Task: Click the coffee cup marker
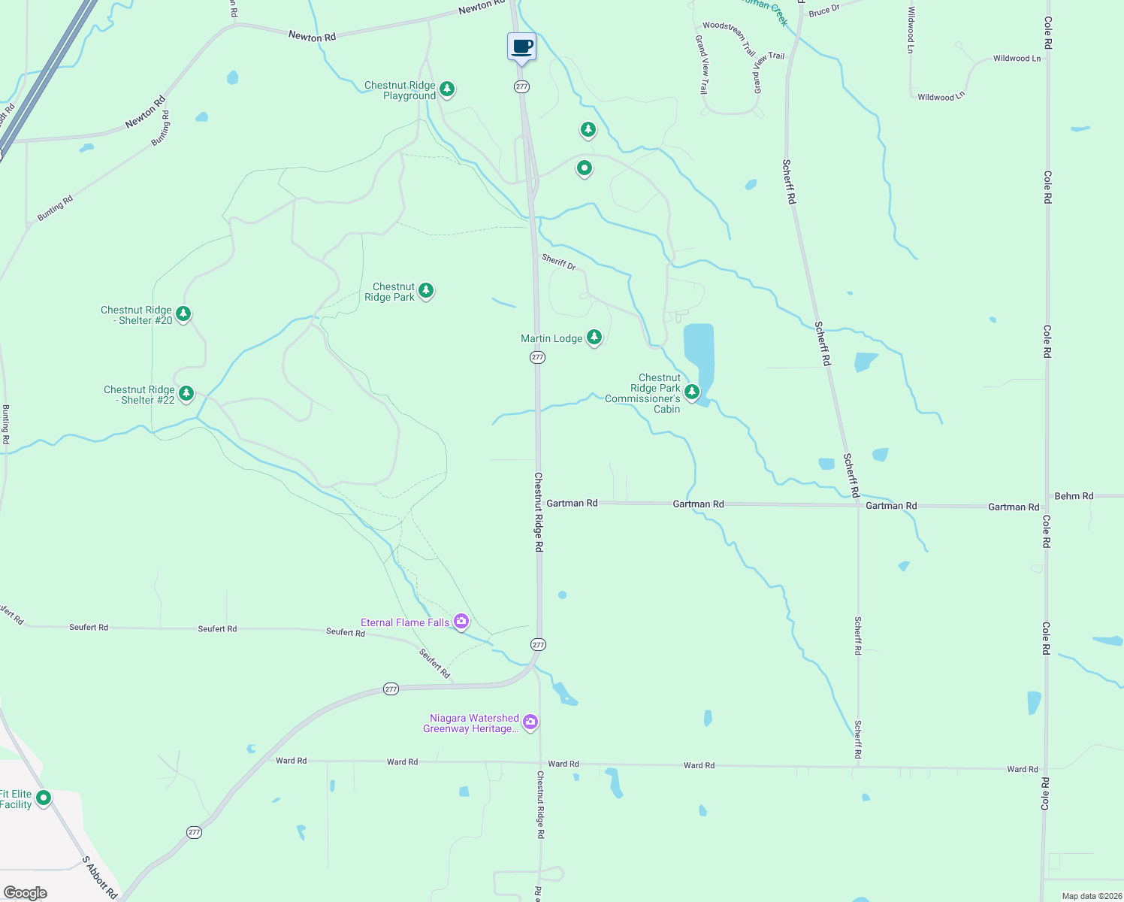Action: pos(521,47)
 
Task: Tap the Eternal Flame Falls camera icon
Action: pos(461,622)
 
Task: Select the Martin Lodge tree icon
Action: pos(594,337)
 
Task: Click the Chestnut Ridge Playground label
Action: pos(400,91)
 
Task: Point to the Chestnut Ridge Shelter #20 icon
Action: pos(183,314)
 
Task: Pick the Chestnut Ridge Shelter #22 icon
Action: pos(186,394)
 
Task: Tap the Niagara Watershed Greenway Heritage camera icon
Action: pos(530,722)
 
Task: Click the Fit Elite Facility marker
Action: pos(44,798)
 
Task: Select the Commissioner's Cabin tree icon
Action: pos(691,392)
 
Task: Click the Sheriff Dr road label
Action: pos(559,262)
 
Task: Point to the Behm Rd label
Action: pos(1074,496)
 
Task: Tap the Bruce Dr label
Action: pos(824,11)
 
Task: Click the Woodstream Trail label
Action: pos(729,38)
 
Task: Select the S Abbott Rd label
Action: pos(99,877)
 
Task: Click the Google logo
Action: pos(25,893)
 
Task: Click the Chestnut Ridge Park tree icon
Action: pos(426,290)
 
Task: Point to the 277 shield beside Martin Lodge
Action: pos(537,357)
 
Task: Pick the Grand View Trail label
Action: pos(702,65)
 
